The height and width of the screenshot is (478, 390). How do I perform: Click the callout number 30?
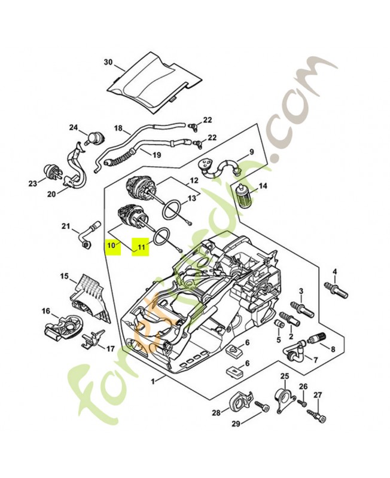(x=108, y=62)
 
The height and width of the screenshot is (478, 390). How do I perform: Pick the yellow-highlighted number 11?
(x=141, y=246)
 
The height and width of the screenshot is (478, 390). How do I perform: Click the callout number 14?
(x=263, y=186)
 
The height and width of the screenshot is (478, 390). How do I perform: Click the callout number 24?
(x=74, y=127)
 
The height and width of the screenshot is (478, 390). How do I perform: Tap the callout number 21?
(x=66, y=226)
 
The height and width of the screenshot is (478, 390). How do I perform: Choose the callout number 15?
(x=64, y=276)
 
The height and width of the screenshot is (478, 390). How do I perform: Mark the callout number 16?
(x=45, y=311)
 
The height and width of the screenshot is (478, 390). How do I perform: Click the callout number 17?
(x=111, y=349)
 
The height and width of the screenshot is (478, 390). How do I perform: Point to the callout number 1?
(x=154, y=381)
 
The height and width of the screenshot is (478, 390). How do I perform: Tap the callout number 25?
(x=285, y=376)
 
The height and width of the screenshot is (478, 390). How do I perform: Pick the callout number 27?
(x=318, y=395)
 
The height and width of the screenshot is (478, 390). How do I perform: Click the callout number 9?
(x=252, y=152)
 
